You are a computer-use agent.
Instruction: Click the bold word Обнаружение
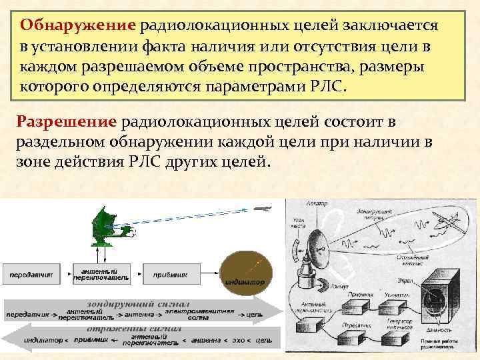click(x=78, y=25)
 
